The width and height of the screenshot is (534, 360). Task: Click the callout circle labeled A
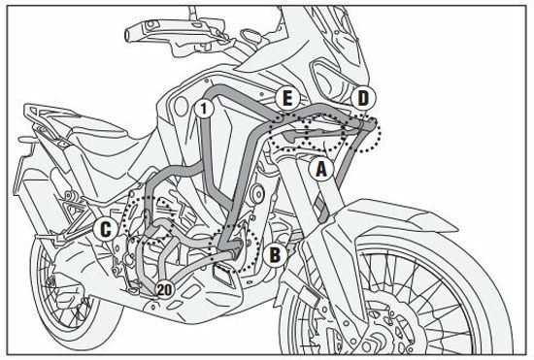tap(321, 169)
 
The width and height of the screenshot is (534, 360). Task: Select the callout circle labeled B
tap(275, 253)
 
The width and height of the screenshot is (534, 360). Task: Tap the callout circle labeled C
tap(106, 229)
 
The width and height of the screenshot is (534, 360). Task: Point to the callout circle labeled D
tap(363, 98)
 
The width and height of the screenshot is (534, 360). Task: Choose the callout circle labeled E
tap(287, 99)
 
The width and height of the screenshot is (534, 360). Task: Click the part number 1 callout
tap(204, 109)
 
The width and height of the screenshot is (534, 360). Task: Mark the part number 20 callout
tap(164, 290)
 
